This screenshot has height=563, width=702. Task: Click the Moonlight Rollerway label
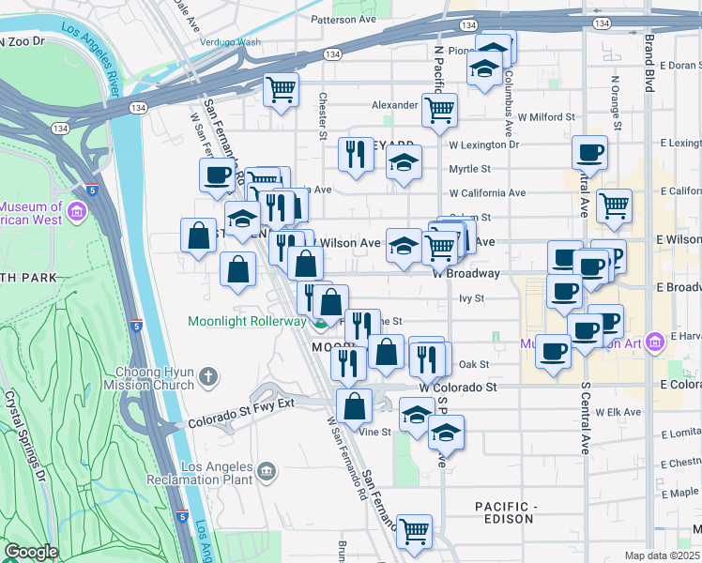(x=247, y=321)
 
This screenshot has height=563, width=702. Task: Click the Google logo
(x=31, y=552)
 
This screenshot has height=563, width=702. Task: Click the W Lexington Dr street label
(x=483, y=145)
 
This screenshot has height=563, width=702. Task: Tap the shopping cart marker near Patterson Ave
(x=281, y=90)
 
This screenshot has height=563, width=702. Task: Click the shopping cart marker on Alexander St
(x=439, y=110)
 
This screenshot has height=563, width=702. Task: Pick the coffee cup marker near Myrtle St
(x=589, y=152)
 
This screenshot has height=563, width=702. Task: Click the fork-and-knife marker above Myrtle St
(x=355, y=155)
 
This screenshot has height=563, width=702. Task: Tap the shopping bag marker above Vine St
(x=355, y=405)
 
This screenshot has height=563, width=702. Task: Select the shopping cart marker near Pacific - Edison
(x=413, y=530)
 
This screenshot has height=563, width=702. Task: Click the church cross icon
(x=207, y=378)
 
